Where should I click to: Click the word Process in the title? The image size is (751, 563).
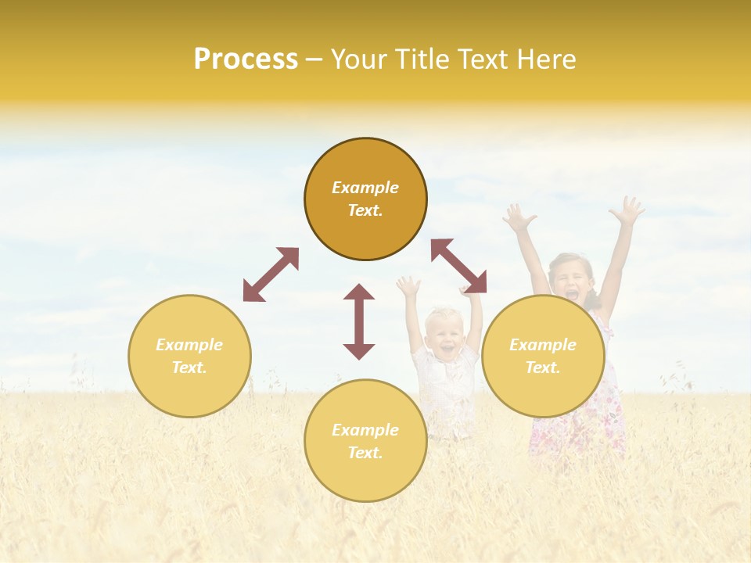(x=246, y=59)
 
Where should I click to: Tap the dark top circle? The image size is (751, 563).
(x=365, y=199)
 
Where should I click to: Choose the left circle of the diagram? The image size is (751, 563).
(x=189, y=356)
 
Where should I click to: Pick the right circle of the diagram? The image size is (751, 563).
(x=543, y=356)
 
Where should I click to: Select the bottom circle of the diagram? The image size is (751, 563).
(x=365, y=440)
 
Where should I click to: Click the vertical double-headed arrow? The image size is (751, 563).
(x=359, y=321)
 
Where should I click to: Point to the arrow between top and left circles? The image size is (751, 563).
(x=271, y=274)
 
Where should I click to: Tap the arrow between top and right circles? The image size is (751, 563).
(x=458, y=266)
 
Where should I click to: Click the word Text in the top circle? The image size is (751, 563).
(x=365, y=211)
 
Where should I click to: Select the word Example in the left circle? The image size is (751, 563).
(x=189, y=344)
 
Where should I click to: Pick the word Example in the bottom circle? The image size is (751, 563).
(x=365, y=429)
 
